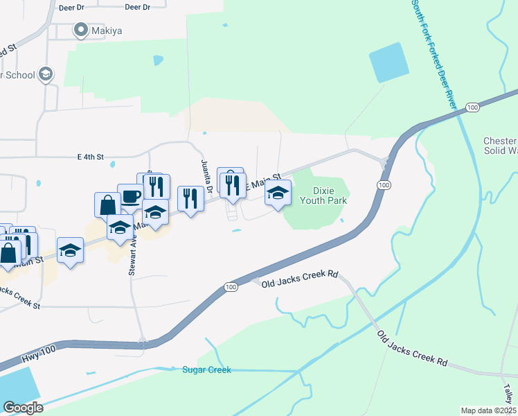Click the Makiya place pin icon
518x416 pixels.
80,29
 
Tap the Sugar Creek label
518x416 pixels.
206,370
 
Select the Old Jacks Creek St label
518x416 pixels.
21,298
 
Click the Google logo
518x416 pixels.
23,407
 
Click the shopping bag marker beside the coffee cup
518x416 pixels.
107,205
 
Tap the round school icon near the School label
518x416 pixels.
46,74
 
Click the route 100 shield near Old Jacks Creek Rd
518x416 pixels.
231,286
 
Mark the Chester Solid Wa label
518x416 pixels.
500,146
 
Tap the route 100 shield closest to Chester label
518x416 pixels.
472,107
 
